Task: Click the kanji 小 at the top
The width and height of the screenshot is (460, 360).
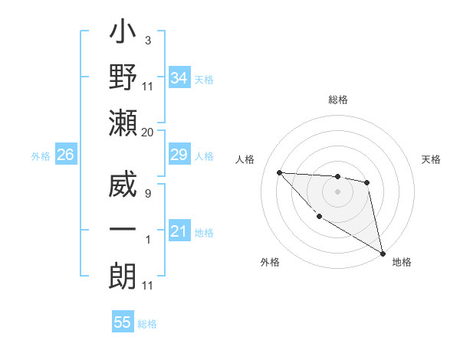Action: (x=123, y=35)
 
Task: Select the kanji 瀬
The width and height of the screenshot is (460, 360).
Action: (x=123, y=123)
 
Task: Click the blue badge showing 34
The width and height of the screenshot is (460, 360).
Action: (x=179, y=77)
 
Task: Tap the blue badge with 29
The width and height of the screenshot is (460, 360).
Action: (x=179, y=155)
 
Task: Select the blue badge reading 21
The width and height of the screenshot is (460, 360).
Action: (x=179, y=231)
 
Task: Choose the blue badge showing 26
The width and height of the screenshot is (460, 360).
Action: (x=65, y=155)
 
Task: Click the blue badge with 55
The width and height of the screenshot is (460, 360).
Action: (x=123, y=322)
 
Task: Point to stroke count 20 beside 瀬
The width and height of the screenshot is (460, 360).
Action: (x=148, y=133)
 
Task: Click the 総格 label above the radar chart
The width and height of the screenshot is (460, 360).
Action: (x=337, y=100)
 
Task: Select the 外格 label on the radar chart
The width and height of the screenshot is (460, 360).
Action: (x=270, y=262)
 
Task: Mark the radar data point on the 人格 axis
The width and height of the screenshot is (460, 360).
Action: (x=279, y=172)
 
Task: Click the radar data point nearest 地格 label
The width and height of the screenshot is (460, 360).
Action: (x=383, y=252)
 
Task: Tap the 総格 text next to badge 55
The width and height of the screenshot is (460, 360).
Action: (x=147, y=323)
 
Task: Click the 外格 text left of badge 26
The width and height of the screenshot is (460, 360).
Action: (x=41, y=156)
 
